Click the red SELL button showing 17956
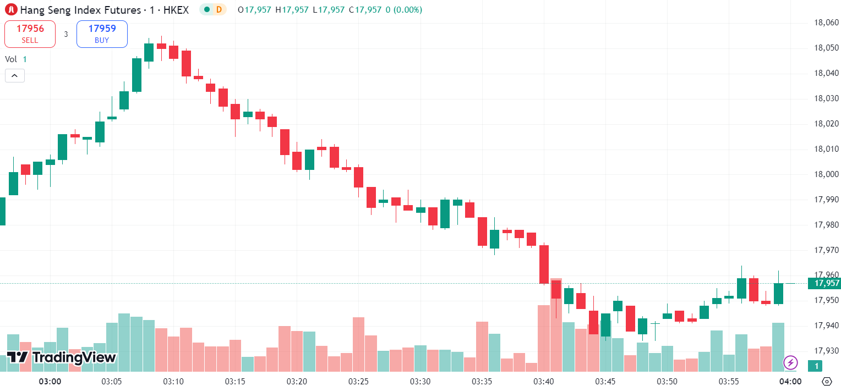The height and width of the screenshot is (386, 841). click(30, 34)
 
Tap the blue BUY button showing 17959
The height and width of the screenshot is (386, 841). click(102, 34)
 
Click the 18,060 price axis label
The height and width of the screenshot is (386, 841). click(826, 23)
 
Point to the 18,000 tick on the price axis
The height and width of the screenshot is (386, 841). click(826, 174)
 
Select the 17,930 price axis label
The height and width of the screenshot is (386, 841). click(826, 351)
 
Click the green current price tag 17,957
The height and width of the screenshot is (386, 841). click(824, 283)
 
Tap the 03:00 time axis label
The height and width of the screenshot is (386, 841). click(50, 381)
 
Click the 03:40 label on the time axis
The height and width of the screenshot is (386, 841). click(544, 381)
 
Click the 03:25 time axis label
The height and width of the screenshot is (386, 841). click(358, 381)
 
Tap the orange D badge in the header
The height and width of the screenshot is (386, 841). click(219, 9)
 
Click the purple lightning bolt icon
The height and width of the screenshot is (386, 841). click(790, 362)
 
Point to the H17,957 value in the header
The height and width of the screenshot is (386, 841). click(292, 9)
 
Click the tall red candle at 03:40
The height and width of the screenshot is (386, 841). click(544, 264)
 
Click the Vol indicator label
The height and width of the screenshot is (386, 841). click(11, 59)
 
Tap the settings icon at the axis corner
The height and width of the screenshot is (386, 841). click(826, 381)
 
